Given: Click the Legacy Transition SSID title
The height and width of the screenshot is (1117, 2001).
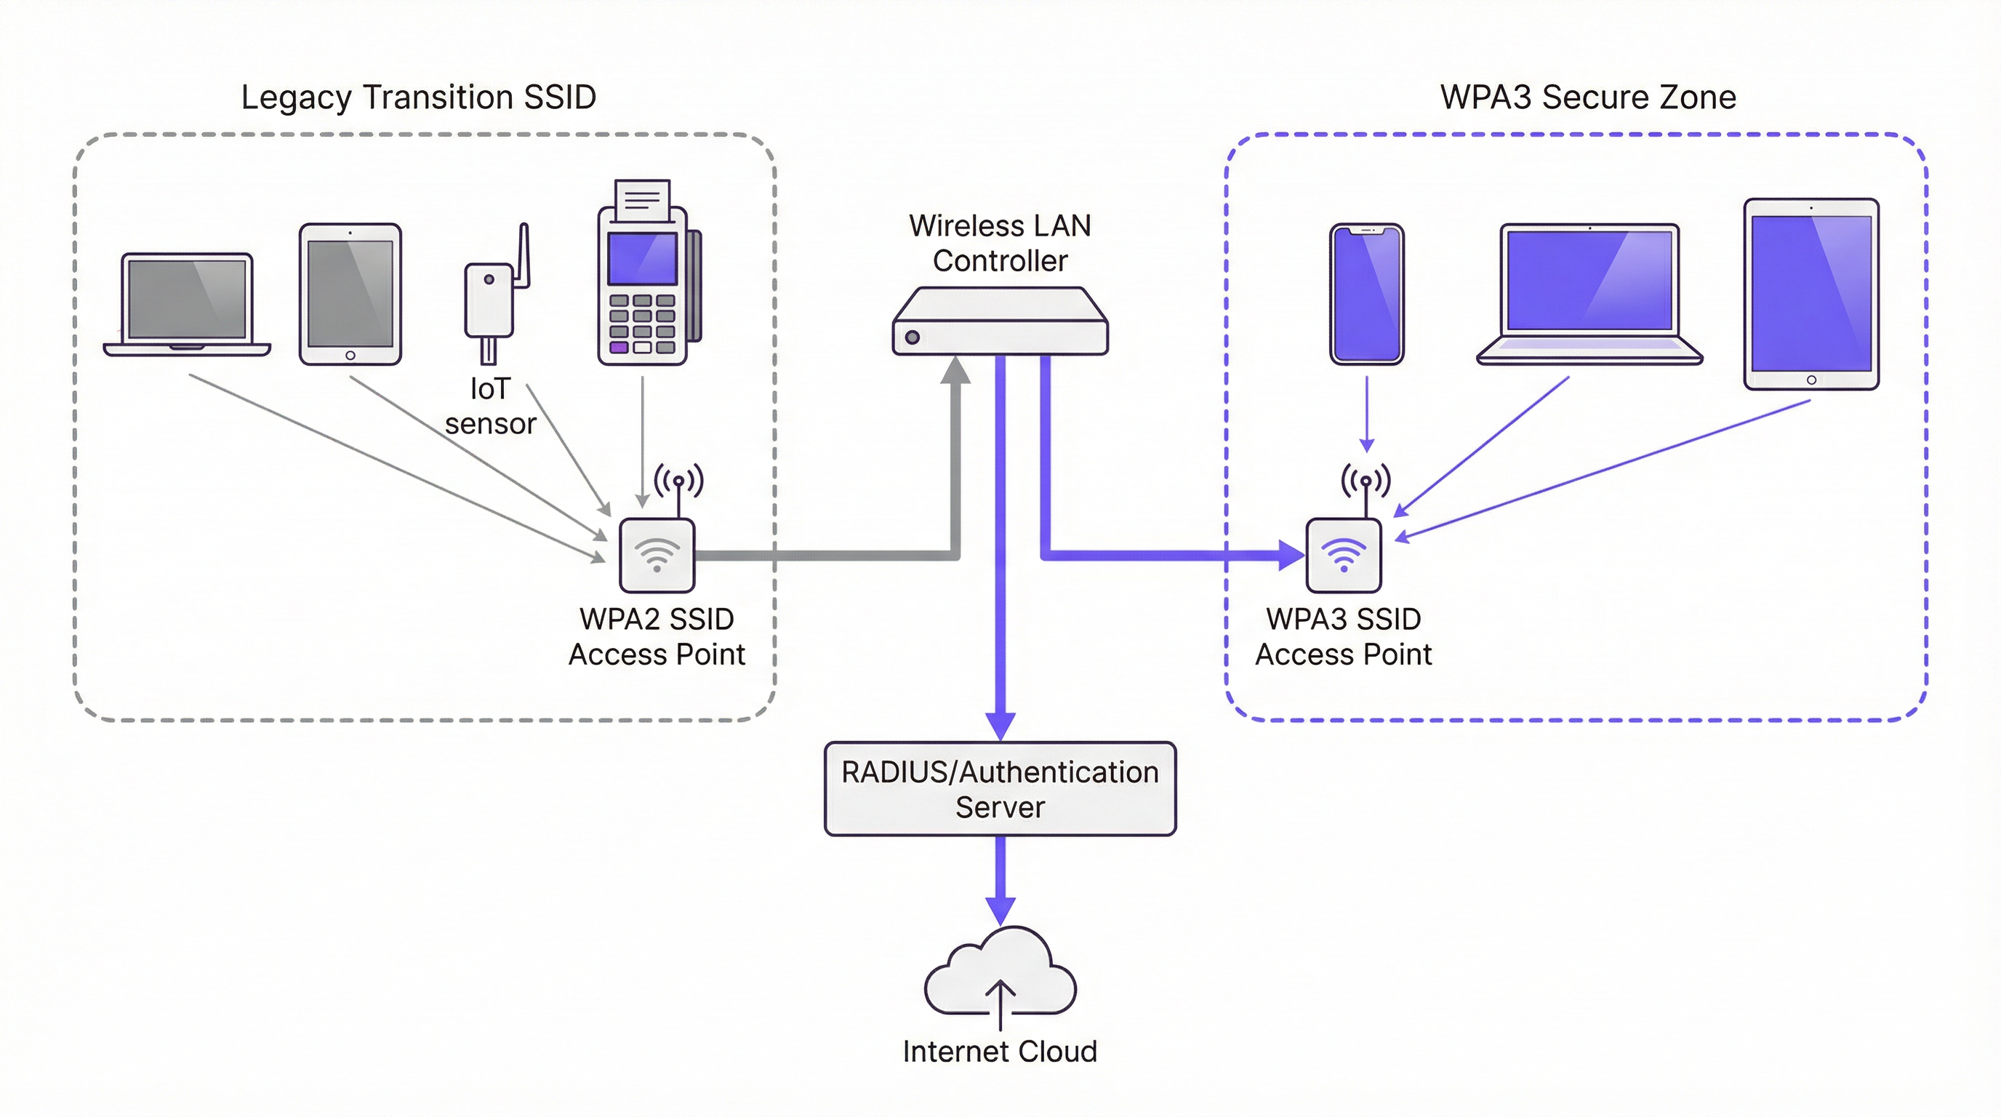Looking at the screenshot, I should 419,98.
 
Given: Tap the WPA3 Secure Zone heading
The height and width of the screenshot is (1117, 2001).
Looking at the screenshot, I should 1588,98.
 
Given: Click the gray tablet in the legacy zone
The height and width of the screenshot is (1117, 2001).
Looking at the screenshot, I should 350,295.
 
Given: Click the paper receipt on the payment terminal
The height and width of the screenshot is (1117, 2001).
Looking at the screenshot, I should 643,201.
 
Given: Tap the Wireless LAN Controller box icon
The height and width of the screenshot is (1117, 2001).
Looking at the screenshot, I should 1000,321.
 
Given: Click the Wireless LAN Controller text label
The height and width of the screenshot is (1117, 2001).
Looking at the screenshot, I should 1000,243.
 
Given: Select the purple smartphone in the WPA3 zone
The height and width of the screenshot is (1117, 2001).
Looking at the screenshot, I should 1366,295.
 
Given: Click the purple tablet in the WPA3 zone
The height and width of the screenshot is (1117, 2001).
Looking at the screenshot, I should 1810,294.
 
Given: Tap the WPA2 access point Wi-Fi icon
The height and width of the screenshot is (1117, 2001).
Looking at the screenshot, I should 657,555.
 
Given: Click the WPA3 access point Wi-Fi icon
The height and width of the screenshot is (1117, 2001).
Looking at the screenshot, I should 1344,555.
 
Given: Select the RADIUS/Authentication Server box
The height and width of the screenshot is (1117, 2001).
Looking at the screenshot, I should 1000,789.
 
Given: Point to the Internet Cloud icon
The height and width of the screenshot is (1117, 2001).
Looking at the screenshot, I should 1000,975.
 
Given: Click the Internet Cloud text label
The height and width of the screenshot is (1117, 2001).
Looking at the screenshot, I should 1000,1052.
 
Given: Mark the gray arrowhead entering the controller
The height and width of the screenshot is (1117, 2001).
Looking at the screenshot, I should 955,371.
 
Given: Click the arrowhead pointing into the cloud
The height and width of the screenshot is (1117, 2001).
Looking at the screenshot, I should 1000,910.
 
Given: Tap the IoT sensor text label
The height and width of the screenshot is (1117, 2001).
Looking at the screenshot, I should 490,407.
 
